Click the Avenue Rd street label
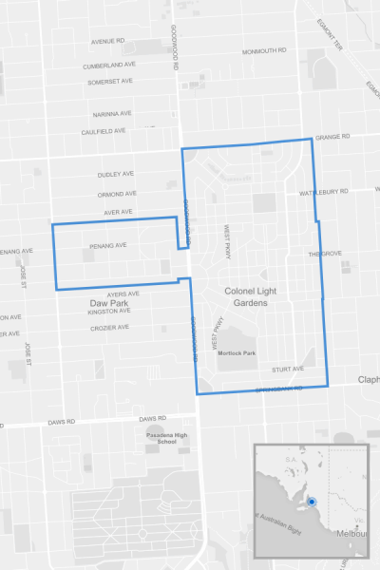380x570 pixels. point(108,41)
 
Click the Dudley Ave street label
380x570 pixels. point(117,176)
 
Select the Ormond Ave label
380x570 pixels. point(117,195)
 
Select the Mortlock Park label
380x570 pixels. point(237,352)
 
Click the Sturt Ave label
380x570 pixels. point(287,369)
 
